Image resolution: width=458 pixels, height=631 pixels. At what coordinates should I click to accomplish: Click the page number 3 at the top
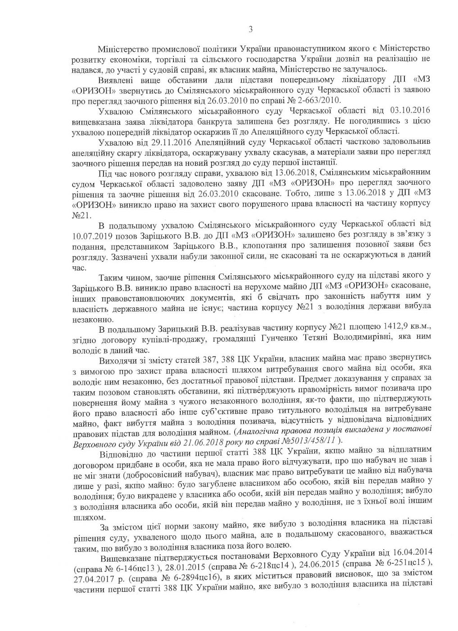(x=250, y=30)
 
